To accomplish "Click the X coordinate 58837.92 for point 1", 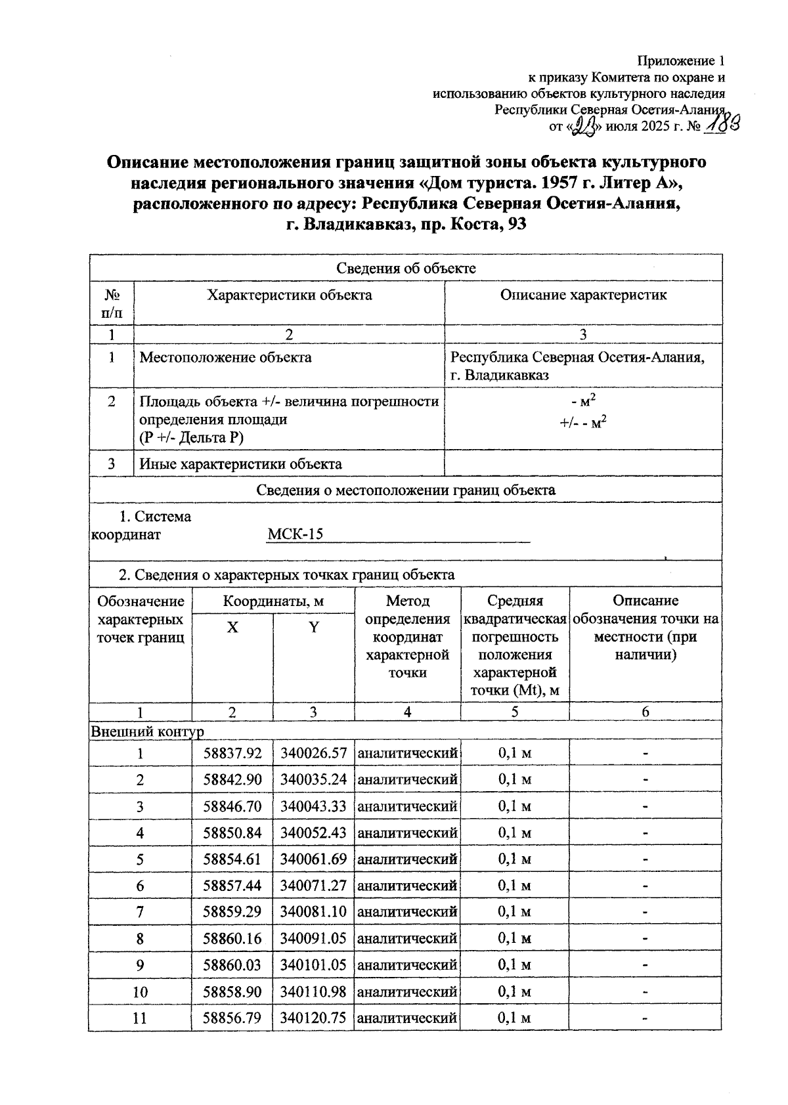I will pos(232,753).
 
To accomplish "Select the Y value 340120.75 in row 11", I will pos(313,1018).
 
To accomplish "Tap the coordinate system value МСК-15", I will pos(295,534).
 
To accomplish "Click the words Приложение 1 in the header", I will pos(681,61).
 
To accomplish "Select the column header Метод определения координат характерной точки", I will pos(407,636).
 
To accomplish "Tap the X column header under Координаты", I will pos(232,628).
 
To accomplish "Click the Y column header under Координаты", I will pos(314,628).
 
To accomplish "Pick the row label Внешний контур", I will pos(147,731).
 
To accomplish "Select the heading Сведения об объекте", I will pos(405,268).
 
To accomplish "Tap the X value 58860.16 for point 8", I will pos(232,939).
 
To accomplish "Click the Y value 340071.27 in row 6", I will pos(313,886).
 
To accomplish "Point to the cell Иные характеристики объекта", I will pos(240,464).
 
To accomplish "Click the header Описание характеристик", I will pos(583,295).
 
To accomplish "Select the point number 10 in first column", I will pos(140,992).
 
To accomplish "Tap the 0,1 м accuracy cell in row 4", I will pos(515,833).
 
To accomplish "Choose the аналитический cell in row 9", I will pos(407,965).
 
